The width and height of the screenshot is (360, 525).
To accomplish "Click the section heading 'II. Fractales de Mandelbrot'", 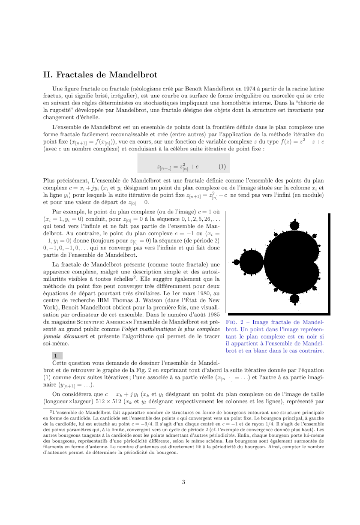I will tap(101, 75).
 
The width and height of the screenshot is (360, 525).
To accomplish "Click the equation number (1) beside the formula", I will tap(222, 166).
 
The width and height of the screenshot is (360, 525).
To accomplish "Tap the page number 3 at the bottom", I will tap(183, 482).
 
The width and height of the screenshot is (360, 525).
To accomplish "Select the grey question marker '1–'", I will tap(57, 355).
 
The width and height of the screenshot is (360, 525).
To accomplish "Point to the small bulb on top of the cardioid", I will tap(294, 226).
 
